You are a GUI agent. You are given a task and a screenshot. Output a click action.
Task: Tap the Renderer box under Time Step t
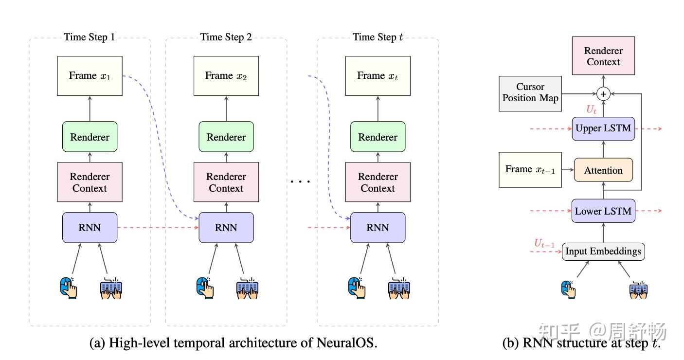pos(378,137)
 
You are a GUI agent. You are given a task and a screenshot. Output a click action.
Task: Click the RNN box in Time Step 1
pos(90,227)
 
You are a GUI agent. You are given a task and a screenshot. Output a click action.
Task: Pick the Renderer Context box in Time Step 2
pos(226,182)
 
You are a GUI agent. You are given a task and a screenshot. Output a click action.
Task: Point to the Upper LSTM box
pos(603,129)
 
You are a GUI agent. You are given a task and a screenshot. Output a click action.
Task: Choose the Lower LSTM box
pos(603,211)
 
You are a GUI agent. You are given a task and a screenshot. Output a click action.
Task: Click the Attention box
pos(603,170)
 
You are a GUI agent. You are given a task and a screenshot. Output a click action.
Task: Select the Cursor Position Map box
pos(530,92)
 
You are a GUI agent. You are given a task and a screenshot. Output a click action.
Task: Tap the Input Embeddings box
pos(603,252)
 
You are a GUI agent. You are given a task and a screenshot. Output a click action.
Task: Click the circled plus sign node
pos(603,93)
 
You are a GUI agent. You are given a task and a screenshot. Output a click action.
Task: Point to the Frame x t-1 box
pos(530,169)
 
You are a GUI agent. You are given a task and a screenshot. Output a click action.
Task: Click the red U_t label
pos(591,110)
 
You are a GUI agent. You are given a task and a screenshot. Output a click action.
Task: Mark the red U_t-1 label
pos(544,243)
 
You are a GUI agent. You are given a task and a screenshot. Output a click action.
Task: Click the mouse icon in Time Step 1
pos(69,287)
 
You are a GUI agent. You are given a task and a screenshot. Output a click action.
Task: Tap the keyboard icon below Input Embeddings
pos(638,289)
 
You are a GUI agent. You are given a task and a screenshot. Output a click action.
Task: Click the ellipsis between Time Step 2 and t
pos(300,182)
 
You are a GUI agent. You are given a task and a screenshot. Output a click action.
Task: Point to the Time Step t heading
pos(378,37)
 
